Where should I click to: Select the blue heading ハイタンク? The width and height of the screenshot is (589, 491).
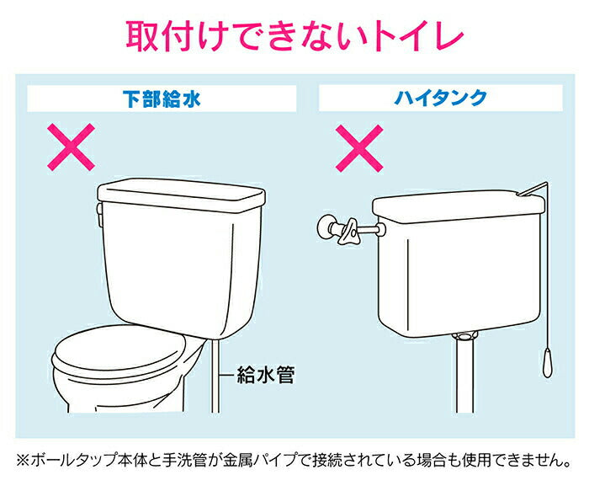(x=441, y=99)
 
